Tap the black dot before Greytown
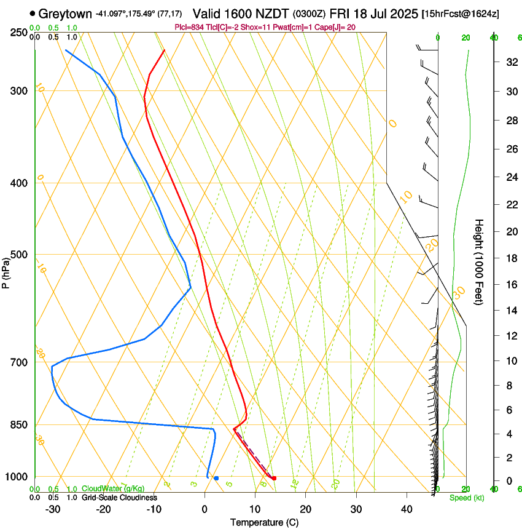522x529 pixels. [33, 13]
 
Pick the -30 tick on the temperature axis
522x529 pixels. [52, 509]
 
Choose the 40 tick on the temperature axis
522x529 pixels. [406, 509]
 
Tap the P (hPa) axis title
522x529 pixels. [6, 271]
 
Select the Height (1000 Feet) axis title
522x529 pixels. [479, 262]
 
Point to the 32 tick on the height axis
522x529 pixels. [511, 62]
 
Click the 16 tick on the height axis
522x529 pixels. [511, 285]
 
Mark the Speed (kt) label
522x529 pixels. [466, 498]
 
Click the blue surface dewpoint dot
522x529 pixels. [216, 478]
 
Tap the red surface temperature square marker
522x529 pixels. [274, 478]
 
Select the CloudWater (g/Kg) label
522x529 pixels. [113, 489]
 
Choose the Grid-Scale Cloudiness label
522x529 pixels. [119, 497]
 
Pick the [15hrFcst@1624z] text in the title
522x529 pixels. [469, 14]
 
